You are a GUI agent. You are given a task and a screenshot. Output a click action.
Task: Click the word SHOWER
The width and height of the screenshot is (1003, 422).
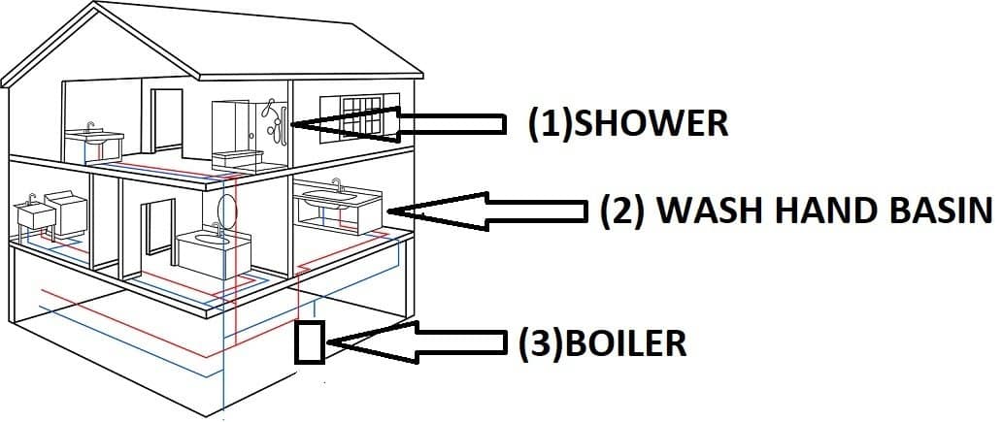click(652, 123)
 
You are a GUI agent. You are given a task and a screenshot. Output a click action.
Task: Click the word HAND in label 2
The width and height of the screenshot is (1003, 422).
click(821, 210)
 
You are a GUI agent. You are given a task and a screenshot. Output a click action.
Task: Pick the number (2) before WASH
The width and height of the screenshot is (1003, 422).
click(621, 210)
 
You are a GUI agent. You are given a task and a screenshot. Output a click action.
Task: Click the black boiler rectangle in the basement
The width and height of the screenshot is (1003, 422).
click(310, 341)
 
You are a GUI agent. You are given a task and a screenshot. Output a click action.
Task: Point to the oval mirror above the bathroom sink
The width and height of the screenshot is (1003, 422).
click(226, 208)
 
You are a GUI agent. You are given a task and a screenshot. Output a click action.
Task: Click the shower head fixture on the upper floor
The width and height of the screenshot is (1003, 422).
click(276, 118)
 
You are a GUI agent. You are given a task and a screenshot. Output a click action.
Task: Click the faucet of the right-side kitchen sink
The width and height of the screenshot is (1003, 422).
click(337, 184)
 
